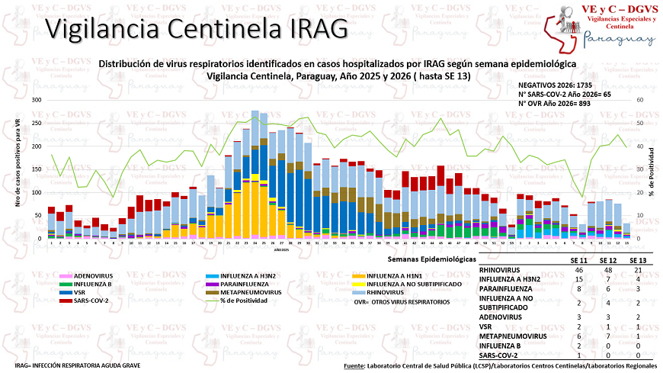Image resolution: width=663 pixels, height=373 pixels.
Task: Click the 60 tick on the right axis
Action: coord(640,100)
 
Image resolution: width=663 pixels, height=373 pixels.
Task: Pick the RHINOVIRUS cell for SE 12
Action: coord(607,270)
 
